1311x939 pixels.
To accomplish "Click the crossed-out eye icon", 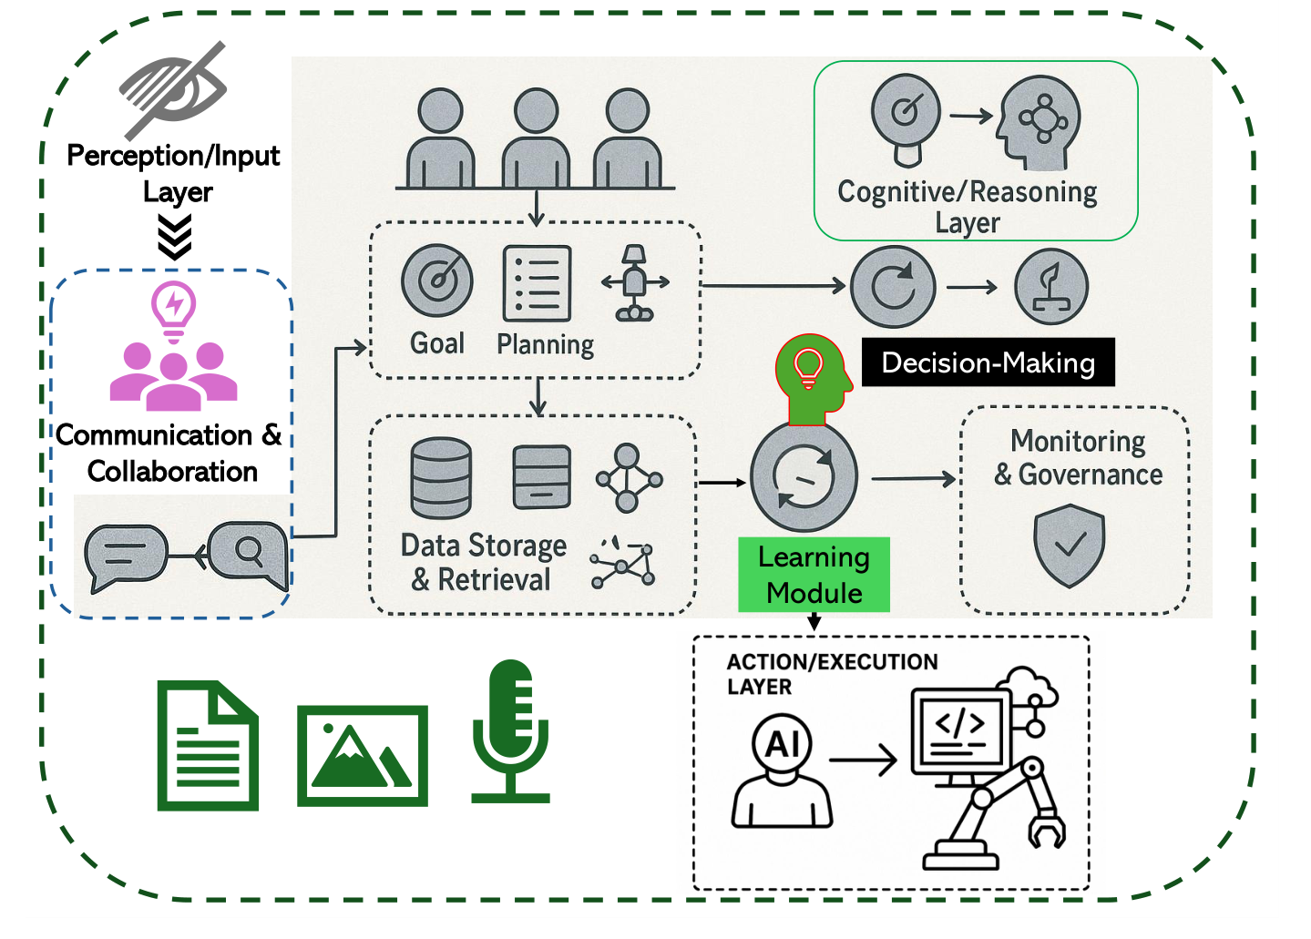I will [173, 89].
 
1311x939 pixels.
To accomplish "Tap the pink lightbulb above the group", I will [173, 307].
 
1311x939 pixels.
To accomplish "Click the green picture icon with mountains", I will [363, 755].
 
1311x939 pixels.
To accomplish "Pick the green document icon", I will [208, 745].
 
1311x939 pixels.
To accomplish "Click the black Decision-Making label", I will [988, 362].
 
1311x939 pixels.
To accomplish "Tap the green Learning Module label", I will [814, 575].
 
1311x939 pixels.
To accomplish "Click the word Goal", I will [436, 343].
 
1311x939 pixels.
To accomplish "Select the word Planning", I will [545, 344].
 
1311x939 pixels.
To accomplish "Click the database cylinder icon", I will [441, 477].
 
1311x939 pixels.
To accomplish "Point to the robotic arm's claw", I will [1046, 831].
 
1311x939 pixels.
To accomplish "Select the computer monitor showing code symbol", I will [961, 731].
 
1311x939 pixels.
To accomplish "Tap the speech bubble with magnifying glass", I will [248, 554].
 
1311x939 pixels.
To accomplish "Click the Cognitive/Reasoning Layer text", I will [967, 207].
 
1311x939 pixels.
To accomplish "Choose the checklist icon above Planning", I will [537, 283].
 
